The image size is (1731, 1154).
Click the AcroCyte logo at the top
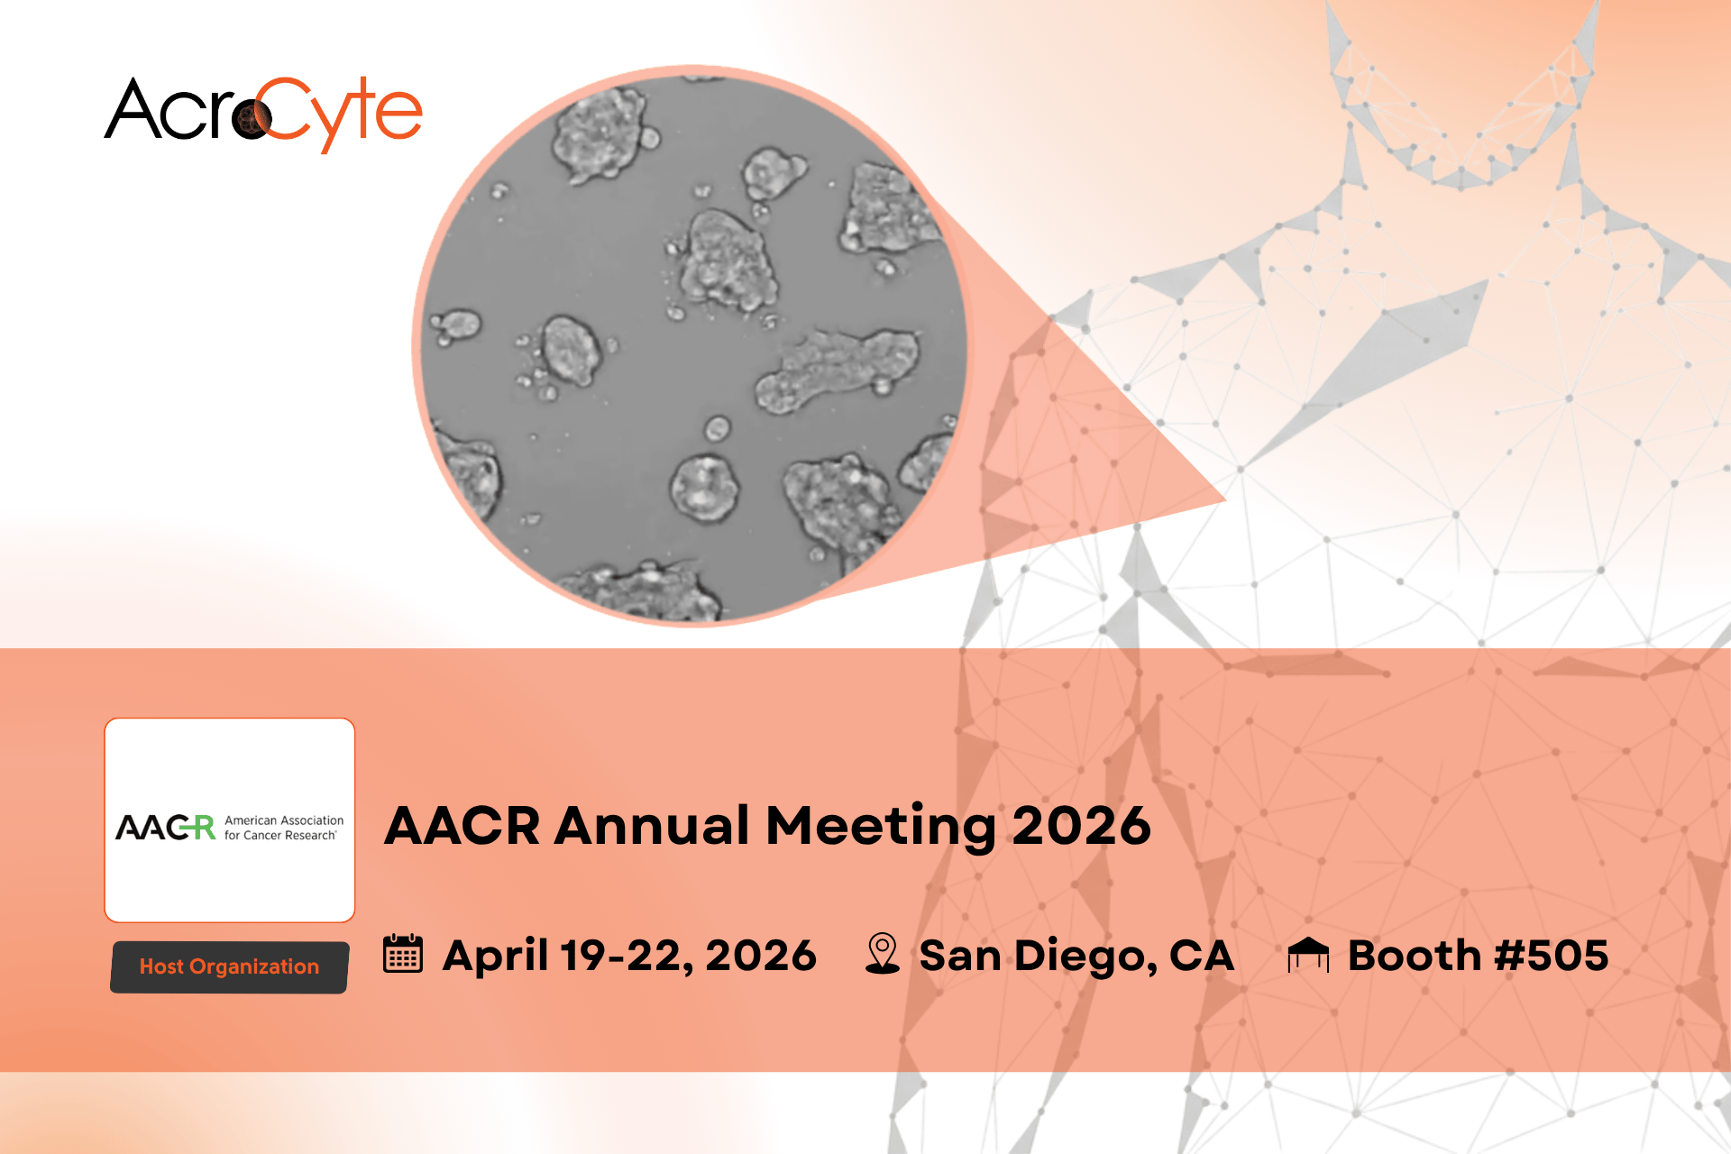(x=263, y=114)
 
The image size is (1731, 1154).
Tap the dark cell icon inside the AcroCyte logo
(x=252, y=118)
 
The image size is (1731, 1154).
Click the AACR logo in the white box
(x=230, y=827)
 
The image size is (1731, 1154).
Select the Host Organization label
(x=229, y=966)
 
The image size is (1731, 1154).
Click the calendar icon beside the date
(x=402, y=953)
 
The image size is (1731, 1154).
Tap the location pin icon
(x=882, y=953)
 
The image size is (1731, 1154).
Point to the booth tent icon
(x=1308, y=954)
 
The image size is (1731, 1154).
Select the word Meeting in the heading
(x=881, y=828)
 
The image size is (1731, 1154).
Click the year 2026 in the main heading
(x=1081, y=825)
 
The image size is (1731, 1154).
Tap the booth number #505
(x=1551, y=955)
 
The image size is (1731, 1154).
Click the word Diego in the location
(x=1085, y=957)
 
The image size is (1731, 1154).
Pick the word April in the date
(x=495, y=956)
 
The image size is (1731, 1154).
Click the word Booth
(x=1415, y=955)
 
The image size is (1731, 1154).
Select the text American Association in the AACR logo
(x=284, y=820)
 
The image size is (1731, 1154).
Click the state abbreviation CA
(x=1202, y=955)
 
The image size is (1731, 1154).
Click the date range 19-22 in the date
(x=626, y=956)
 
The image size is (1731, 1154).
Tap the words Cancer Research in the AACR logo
(x=289, y=836)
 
